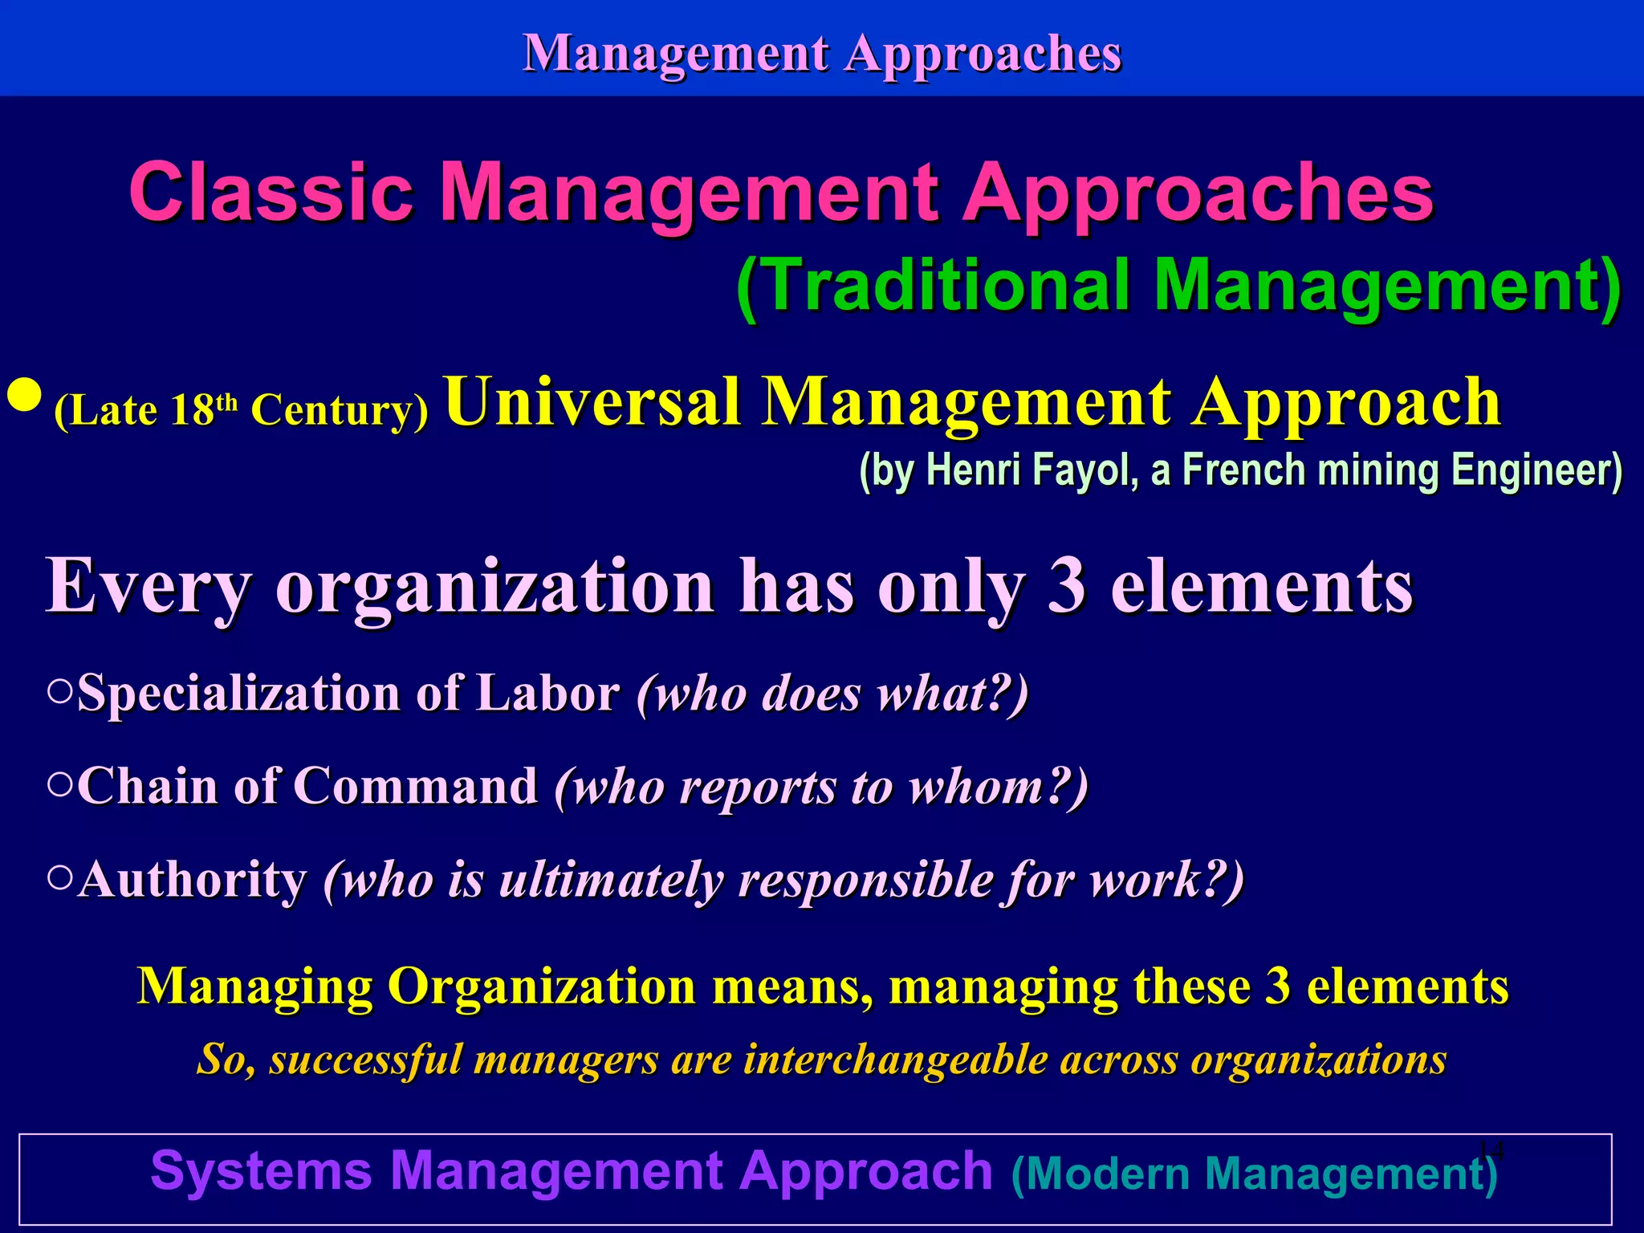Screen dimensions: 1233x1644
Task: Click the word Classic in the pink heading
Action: tap(271, 193)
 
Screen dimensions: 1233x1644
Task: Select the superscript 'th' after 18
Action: tap(227, 401)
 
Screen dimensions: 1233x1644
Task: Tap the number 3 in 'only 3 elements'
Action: tap(1066, 587)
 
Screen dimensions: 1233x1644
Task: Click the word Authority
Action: tap(193, 880)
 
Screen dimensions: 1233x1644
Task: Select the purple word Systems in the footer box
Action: tap(261, 1171)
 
